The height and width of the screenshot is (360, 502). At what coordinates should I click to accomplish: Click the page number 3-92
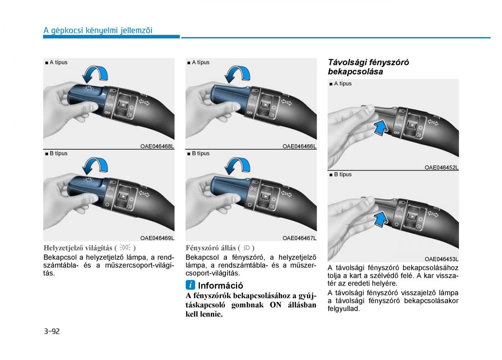(52, 331)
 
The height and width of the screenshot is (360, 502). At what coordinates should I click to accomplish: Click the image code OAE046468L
(157, 146)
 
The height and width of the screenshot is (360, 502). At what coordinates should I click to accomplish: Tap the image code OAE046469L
(157, 238)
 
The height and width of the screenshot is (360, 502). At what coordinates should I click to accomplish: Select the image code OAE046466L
(300, 146)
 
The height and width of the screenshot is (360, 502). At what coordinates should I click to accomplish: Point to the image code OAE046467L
(300, 238)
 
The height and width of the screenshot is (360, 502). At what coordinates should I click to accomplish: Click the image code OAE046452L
(441, 168)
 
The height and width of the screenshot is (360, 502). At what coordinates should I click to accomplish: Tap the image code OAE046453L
(441, 259)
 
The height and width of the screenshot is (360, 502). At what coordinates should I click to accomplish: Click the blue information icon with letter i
(190, 285)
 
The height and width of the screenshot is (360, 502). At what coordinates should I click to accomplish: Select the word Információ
(220, 286)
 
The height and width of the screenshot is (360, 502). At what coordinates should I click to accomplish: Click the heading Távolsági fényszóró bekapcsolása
(368, 67)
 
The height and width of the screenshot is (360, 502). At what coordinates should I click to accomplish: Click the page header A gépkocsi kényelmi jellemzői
(98, 31)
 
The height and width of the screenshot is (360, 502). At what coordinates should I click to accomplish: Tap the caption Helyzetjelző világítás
(78, 248)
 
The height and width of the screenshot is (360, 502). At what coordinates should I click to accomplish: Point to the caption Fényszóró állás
(211, 248)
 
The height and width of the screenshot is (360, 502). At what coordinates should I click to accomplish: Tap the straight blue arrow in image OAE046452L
(381, 127)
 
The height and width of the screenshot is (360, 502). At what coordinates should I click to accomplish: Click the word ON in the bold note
(276, 305)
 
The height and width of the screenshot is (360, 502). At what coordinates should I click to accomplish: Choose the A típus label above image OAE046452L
(341, 84)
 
